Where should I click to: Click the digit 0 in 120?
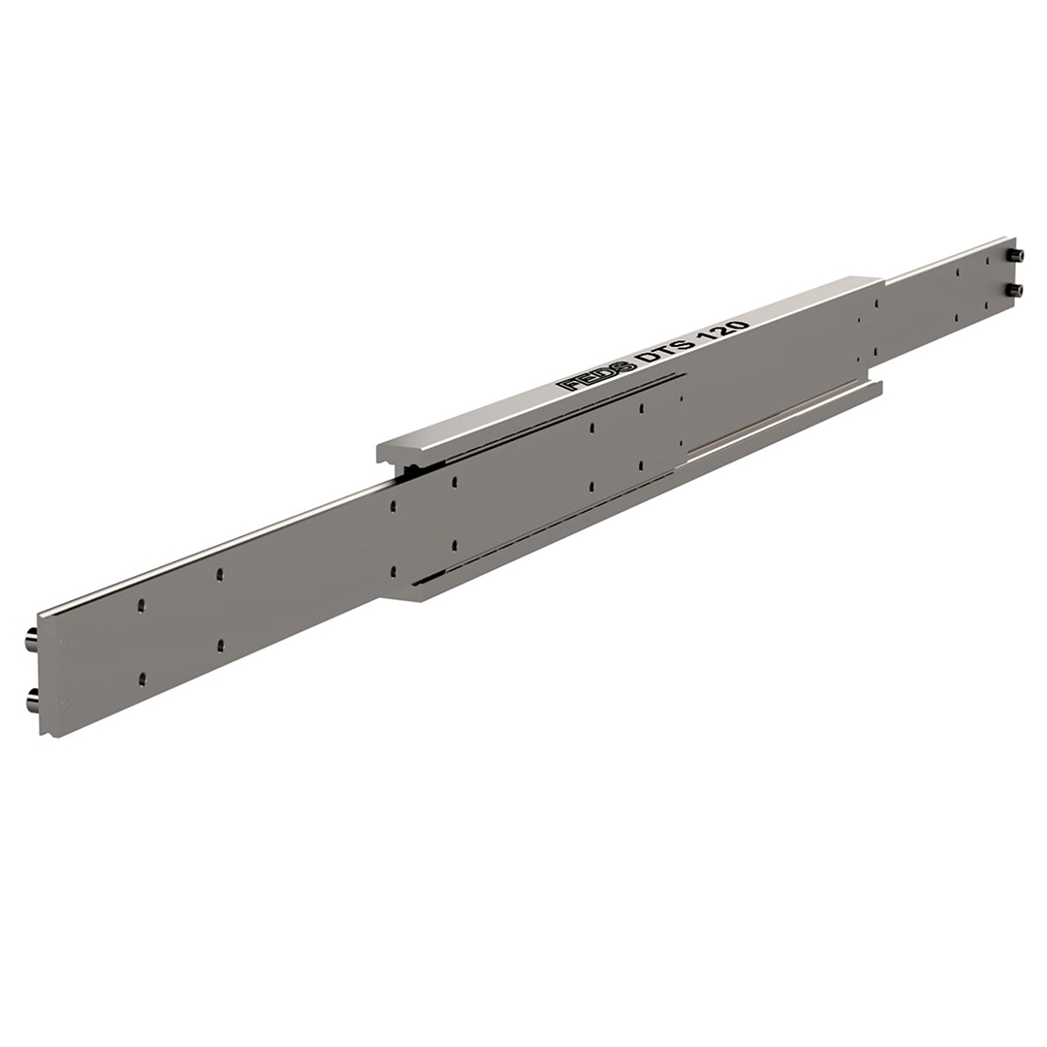click(742, 328)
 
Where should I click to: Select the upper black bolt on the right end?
click(1017, 255)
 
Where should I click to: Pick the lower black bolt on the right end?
click(1017, 289)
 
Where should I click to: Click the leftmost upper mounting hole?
click(141, 605)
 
